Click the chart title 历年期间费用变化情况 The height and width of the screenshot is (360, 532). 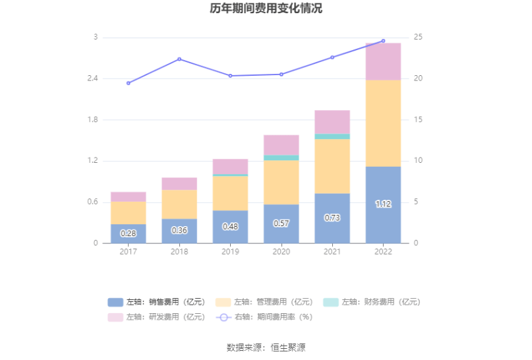coord(266,9)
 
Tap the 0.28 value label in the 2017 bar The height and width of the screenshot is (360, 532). coord(128,233)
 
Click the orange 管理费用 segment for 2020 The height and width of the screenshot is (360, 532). coord(281,182)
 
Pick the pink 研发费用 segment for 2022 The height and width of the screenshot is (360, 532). coord(383,61)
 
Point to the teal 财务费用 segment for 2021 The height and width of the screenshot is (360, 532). coord(332,136)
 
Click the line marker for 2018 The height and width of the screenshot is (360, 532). coord(179,59)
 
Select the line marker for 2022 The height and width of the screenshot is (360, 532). coord(383,41)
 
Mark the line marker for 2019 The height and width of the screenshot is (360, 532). coord(230,76)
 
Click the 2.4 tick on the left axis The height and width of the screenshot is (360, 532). coord(92,78)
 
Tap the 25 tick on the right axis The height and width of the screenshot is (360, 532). coord(417,38)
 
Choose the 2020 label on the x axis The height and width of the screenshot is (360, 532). coord(281,252)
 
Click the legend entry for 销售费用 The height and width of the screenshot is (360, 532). coord(156,302)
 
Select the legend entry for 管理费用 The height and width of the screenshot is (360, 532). coord(264,302)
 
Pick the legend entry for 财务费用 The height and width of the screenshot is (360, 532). coord(371,302)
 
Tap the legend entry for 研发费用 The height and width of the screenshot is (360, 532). coord(156,316)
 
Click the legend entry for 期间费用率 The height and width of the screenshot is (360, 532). coord(264,316)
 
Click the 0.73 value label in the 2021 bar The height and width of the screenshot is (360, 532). coord(332,218)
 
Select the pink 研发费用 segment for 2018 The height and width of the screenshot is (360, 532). coord(179,183)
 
